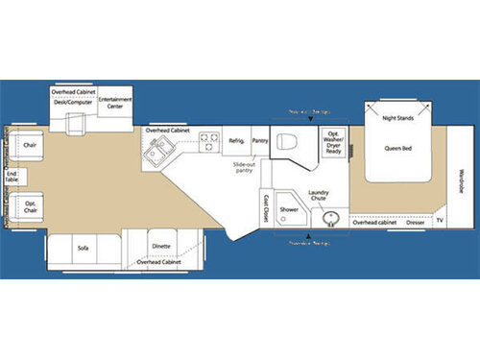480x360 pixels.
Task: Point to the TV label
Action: click(x=440, y=222)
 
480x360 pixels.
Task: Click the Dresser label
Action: click(x=415, y=222)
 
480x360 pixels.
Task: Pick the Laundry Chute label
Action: click(x=319, y=195)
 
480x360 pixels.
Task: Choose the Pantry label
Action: click(x=259, y=140)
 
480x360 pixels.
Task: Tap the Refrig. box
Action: click(x=236, y=140)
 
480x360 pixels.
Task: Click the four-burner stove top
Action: click(x=207, y=145)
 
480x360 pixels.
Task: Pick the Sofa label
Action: click(x=83, y=248)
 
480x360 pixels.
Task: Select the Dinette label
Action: click(x=161, y=246)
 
